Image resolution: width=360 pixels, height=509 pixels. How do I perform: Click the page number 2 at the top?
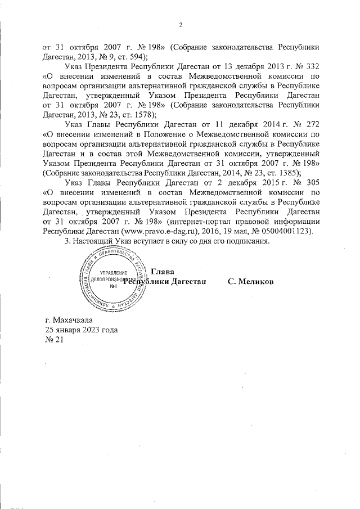click(x=181, y=24)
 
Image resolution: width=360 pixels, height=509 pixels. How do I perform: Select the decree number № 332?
click(x=308, y=66)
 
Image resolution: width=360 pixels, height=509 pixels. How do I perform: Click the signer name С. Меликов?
click(x=251, y=281)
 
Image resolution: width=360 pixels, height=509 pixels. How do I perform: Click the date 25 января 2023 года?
click(x=82, y=330)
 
